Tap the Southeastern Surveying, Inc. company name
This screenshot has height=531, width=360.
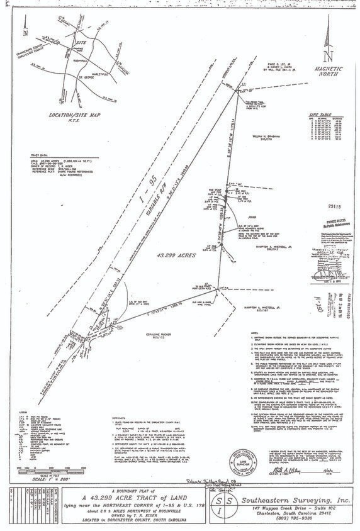click(x=298, y=498)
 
